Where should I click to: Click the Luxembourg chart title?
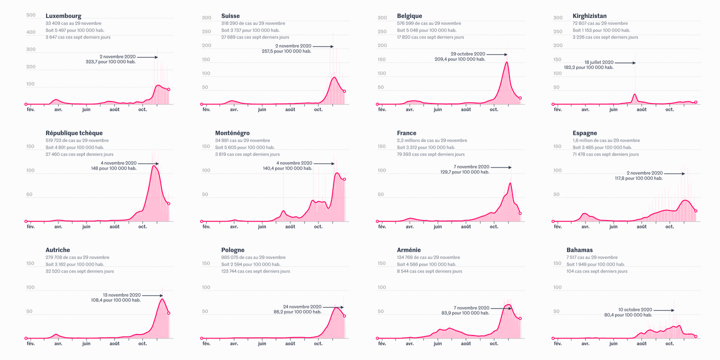[x=63, y=16]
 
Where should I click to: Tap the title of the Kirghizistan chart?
[x=589, y=16]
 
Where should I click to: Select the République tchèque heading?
[x=74, y=133]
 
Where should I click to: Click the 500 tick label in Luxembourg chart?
[x=30, y=15]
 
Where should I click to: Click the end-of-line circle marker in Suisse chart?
[x=344, y=91]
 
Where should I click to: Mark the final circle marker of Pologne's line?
[x=344, y=316]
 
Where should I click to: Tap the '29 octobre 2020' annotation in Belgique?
[x=467, y=54]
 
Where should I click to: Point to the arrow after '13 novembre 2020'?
[x=152, y=295]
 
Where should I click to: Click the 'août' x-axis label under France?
[x=466, y=227]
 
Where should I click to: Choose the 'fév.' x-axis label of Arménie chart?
[x=382, y=344]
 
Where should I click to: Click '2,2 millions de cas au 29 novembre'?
[x=432, y=140]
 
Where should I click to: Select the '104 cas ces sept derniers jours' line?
[x=600, y=271]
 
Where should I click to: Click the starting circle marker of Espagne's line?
[x=553, y=221]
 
